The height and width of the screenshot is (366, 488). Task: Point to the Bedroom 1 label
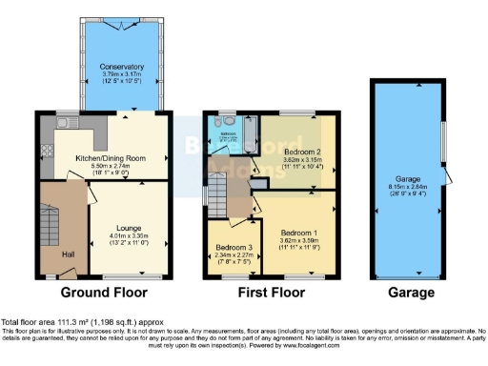299,232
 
